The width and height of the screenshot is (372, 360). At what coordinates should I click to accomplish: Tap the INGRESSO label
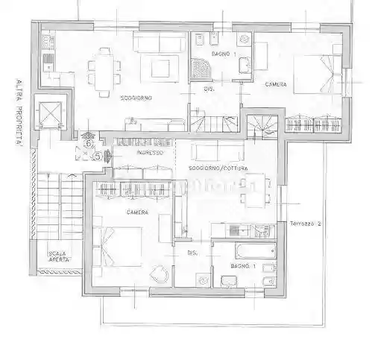pos(150,153)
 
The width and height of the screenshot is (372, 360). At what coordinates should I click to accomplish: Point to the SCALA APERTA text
pos(57,256)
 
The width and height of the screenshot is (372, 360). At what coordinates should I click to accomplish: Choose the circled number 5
pos(97,156)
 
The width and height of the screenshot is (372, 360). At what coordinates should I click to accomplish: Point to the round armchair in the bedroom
pos(159,277)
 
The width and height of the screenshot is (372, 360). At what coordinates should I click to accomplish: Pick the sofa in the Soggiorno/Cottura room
pos(213,152)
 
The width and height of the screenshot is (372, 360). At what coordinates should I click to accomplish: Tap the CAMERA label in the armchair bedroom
pos(137,212)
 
